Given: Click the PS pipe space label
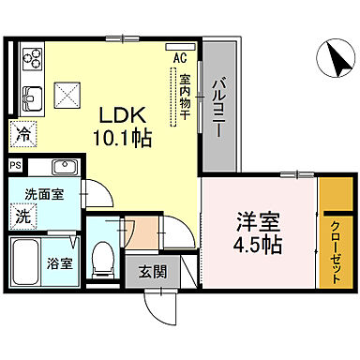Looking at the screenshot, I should [15, 167].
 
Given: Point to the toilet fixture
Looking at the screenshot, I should [106, 255].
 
